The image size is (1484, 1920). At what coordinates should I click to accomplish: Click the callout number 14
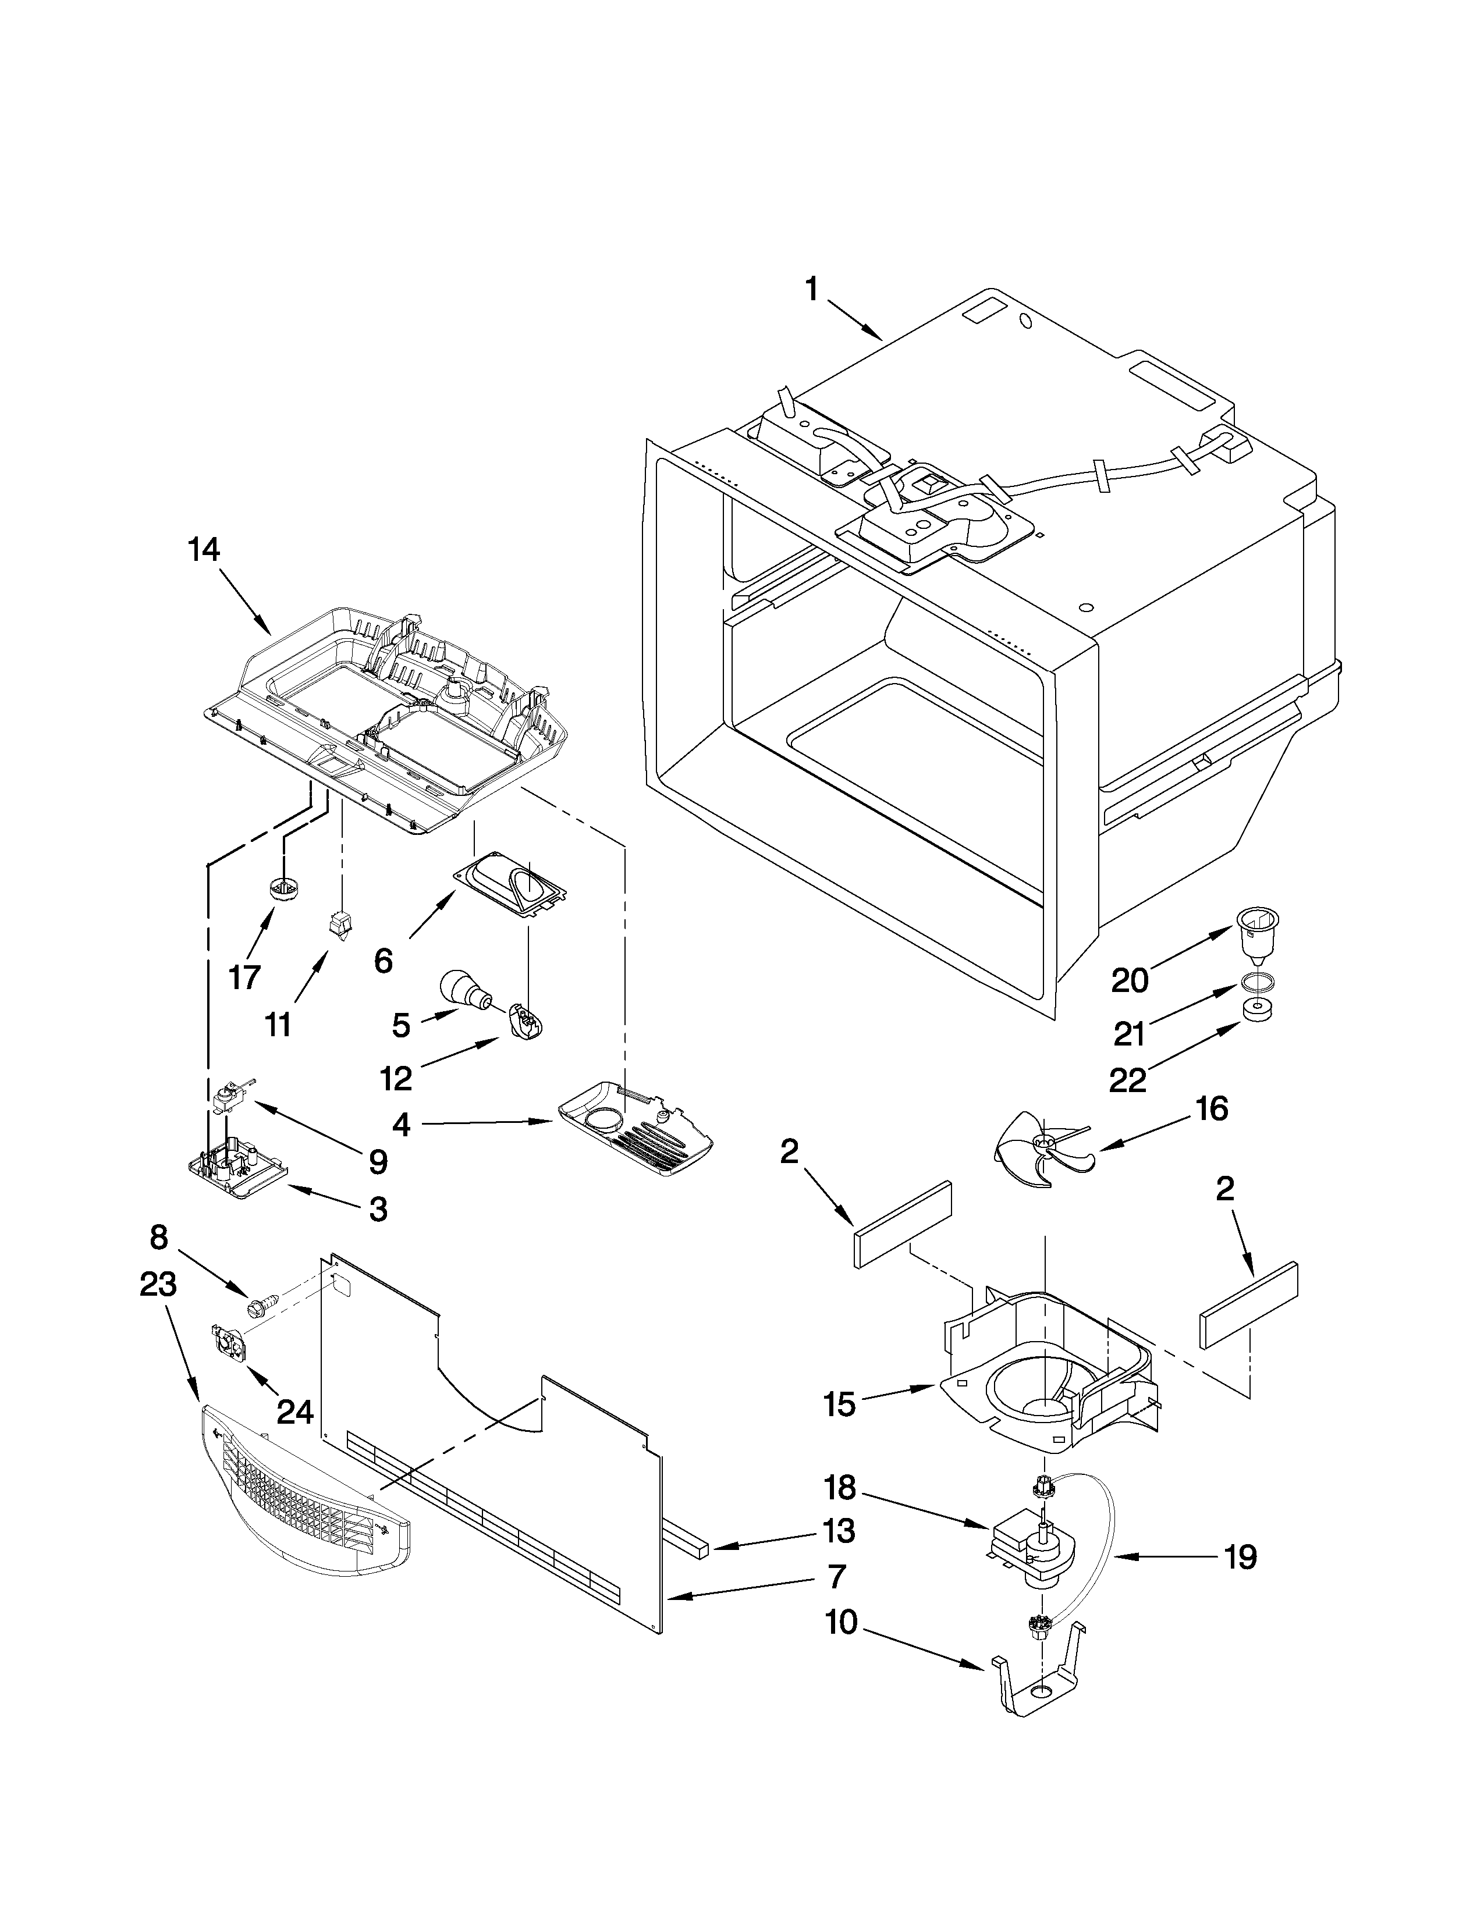(203, 550)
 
